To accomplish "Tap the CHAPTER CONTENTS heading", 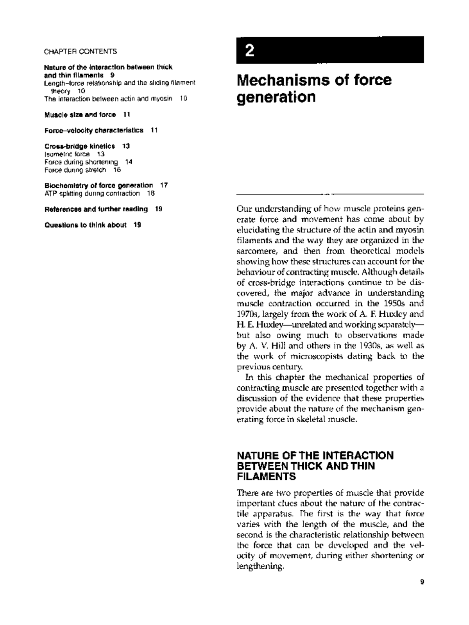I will coord(81,52).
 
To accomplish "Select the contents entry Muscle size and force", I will coord(80,114).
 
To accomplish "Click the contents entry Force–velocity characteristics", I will coord(94,130).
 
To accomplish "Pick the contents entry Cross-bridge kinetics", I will coord(80,146).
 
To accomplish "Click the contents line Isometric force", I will coord(67,154).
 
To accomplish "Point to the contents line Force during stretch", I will coord(75,170).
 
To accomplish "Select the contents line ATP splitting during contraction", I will coord(92,193).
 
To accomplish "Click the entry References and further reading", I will coord(96,209).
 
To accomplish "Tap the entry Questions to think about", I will coord(85,225).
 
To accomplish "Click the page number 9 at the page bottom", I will coord(422,582).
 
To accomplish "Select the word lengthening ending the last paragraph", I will coord(259,566).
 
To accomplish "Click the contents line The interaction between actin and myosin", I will coord(108,99).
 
